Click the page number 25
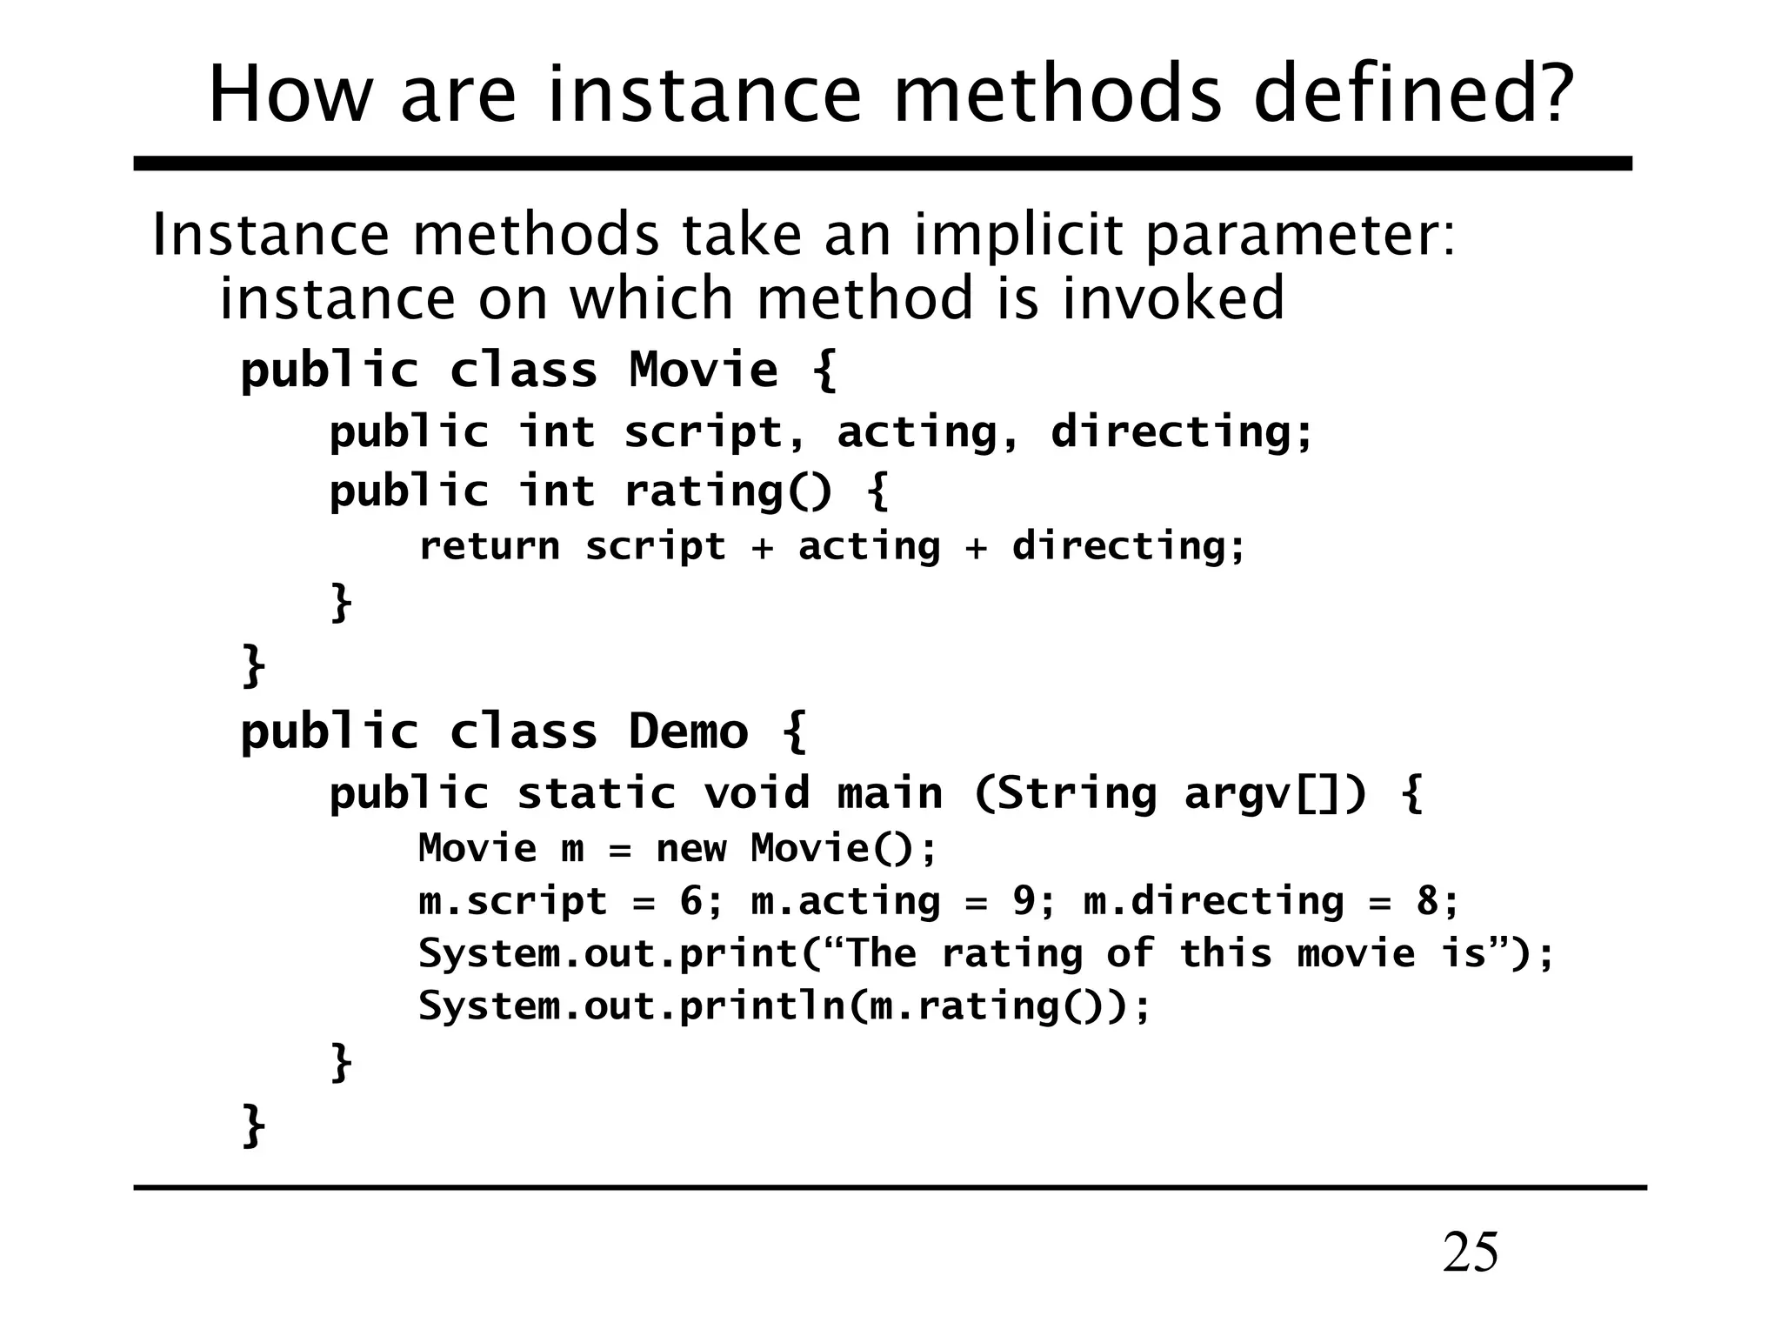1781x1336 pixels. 1471,1253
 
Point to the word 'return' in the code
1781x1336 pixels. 490,546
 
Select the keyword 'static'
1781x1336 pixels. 597,793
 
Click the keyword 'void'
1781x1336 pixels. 756,793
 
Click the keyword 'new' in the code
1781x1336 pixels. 691,848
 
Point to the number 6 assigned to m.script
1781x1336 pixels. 692,901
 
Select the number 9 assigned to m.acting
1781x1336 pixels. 1024,901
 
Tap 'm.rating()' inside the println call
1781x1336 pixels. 978,1006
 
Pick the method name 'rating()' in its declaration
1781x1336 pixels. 729,491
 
